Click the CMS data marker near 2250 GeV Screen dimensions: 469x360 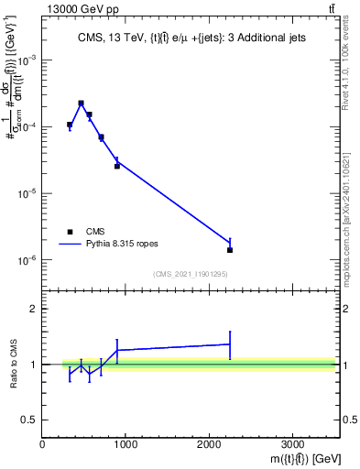click(230, 250)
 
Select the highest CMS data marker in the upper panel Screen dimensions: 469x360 click(82, 104)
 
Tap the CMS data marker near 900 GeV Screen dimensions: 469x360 click(117, 166)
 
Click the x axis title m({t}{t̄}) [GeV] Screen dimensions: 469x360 click(293, 459)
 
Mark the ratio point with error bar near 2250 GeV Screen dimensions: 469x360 click(230, 344)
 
